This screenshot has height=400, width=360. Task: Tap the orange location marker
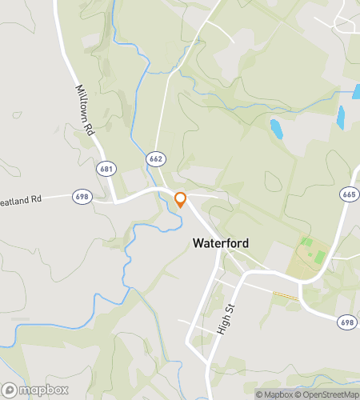click(x=181, y=199)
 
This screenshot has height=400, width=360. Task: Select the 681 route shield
click(x=106, y=170)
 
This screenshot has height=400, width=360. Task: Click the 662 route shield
click(x=155, y=159)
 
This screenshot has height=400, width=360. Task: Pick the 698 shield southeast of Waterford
click(x=345, y=321)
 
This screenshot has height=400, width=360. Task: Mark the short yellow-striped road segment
click(x=286, y=297)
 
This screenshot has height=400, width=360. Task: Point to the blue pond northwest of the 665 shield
click(x=277, y=128)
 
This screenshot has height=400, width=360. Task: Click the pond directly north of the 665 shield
click(x=342, y=118)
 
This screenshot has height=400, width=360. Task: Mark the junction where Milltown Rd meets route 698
click(x=115, y=202)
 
